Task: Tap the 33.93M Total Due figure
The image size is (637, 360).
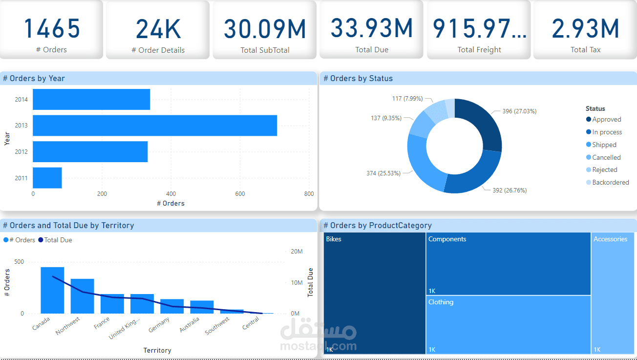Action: [x=372, y=28]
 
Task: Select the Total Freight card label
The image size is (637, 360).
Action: [x=479, y=50]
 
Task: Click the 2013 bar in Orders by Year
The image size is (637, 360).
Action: [x=155, y=126]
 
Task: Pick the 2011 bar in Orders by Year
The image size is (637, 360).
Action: [x=47, y=178]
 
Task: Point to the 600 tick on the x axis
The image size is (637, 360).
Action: [x=240, y=194]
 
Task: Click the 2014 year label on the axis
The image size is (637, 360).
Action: [x=21, y=100]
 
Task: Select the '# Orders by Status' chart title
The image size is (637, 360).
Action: [x=359, y=79]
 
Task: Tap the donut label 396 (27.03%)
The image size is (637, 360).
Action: [x=519, y=111]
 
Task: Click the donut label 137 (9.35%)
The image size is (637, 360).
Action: [x=386, y=118]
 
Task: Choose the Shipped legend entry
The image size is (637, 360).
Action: [x=604, y=145]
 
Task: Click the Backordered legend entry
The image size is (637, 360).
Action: [x=610, y=182]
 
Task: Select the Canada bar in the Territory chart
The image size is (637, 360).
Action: [x=52, y=290]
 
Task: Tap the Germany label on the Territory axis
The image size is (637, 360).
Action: [x=159, y=324]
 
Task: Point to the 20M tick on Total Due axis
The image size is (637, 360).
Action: [x=297, y=252]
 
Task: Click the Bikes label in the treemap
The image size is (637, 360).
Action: [x=334, y=239]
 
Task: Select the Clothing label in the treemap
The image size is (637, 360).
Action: [x=441, y=302]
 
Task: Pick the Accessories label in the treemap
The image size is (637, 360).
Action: [x=610, y=239]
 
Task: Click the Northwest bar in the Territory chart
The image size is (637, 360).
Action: [x=82, y=296]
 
